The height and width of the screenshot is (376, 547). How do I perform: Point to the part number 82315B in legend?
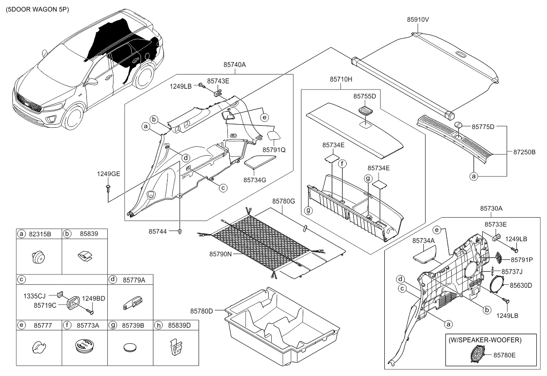pyautogui.click(x=40, y=234)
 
